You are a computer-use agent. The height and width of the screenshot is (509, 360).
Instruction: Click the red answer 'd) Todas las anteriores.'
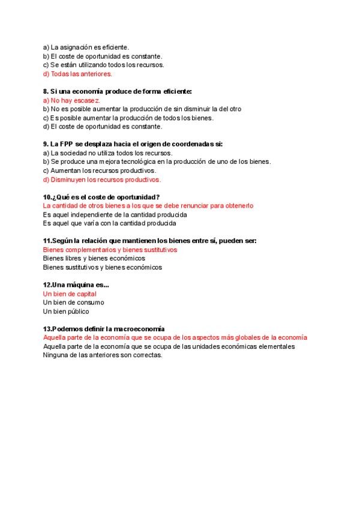77,74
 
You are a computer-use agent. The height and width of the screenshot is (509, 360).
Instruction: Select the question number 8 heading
118,91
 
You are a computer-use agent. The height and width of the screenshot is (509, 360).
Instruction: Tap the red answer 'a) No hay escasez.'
71,100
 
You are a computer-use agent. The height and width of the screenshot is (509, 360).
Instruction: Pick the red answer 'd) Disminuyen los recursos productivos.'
102,179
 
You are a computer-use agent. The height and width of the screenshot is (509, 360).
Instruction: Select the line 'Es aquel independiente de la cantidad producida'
115,214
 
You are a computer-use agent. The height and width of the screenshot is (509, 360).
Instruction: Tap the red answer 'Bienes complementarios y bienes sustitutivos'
110,250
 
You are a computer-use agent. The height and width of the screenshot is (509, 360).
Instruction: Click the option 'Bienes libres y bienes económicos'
94,258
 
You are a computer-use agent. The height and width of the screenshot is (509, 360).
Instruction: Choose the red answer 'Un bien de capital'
70,294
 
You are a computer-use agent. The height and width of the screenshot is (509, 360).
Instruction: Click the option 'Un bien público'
66,312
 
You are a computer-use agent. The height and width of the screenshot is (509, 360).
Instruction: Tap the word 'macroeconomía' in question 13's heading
139,329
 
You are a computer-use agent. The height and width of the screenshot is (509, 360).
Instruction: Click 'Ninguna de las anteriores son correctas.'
103,355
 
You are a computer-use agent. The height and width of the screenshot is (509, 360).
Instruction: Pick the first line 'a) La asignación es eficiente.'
86,47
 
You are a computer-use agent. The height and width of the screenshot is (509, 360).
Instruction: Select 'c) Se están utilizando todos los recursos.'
103,65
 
